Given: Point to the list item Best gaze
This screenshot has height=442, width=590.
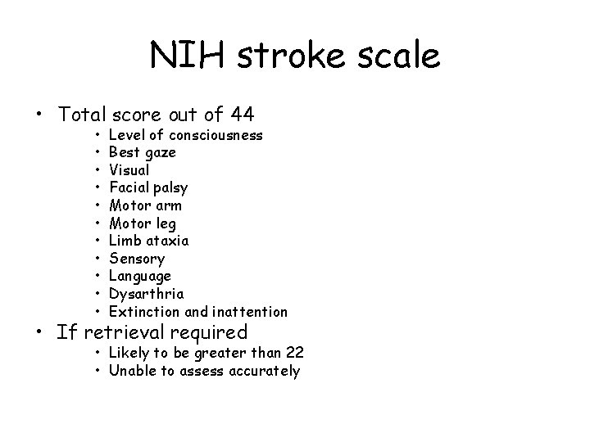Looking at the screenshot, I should coord(142,152).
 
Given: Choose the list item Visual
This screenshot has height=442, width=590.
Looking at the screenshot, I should coord(129,170).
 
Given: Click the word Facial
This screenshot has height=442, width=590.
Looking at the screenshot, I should coord(129,187).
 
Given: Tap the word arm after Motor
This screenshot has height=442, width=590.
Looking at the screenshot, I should coord(169,205).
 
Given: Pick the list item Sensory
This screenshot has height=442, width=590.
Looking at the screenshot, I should coord(137,259).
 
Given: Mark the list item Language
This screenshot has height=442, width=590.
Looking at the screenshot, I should coord(140,277).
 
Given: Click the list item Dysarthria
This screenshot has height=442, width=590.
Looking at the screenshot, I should coord(146,294).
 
